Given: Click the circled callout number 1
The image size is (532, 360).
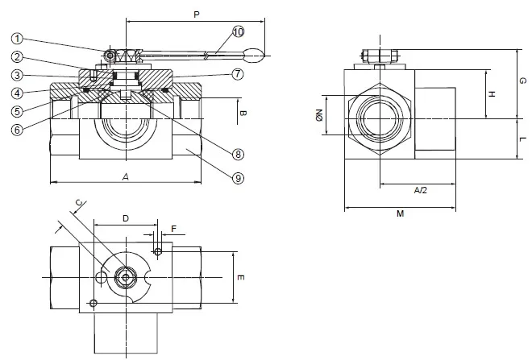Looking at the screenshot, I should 18,37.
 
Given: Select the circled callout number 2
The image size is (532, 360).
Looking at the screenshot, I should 18,56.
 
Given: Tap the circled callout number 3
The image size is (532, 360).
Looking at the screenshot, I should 18,75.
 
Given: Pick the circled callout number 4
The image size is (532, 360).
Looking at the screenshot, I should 18,93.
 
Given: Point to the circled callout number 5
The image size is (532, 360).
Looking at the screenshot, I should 18,111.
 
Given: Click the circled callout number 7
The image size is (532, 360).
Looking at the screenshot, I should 238,75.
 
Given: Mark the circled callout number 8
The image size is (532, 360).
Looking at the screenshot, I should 238,153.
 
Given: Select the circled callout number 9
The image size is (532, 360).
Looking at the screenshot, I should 238,178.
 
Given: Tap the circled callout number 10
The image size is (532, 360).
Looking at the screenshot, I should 238,31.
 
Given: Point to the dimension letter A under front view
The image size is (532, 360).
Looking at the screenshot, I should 125,176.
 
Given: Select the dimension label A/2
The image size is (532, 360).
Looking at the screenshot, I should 420,191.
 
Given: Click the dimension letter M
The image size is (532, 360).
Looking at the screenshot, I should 400,214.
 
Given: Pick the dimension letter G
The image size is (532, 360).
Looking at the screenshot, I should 522,81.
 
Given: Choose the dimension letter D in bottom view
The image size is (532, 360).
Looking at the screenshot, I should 125,219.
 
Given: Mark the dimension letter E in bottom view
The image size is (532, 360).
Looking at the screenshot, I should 240,276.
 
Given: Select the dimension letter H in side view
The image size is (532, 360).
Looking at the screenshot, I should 492,93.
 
